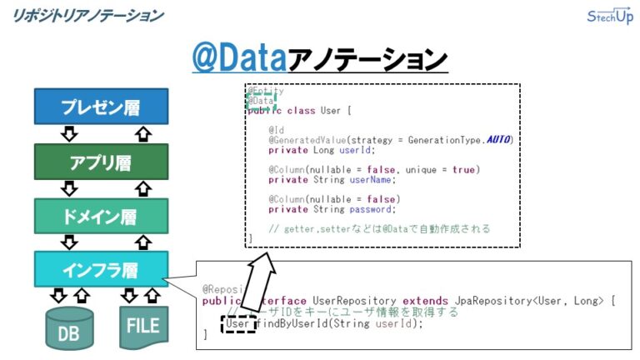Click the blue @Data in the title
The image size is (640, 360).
[x=238, y=59]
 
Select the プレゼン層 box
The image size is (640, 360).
[x=101, y=107]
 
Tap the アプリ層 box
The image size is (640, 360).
[x=101, y=162]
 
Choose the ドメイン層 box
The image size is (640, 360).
[x=101, y=217]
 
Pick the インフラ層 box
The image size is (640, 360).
[x=101, y=270]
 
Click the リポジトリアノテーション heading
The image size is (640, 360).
[x=87, y=15]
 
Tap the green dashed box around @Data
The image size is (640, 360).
[x=261, y=101]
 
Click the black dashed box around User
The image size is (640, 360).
[x=237, y=323]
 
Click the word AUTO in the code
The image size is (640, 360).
[x=498, y=139]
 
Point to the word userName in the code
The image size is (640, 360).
[x=373, y=179]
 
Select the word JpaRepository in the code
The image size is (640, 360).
[x=471, y=301]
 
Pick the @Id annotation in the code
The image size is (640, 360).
[x=276, y=129]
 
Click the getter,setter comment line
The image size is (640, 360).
[x=379, y=228]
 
